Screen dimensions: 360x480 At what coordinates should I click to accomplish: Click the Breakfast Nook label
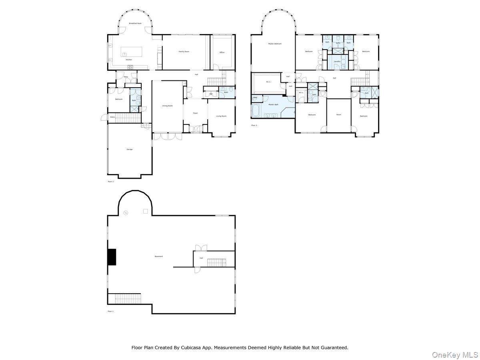click(x=135, y=24)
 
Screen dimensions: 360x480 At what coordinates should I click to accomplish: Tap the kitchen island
click(x=132, y=52)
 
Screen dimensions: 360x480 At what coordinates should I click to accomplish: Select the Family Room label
click(x=184, y=52)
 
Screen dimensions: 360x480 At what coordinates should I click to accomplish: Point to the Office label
click(x=222, y=52)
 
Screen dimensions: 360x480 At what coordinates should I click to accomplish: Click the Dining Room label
click(x=167, y=106)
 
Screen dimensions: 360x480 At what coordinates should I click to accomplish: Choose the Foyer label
click(x=195, y=113)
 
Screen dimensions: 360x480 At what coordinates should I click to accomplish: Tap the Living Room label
click(x=221, y=116)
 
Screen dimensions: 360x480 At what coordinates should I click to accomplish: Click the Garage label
click(x=130, y=149)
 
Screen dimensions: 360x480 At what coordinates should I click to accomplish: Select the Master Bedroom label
click(x=275, y=44)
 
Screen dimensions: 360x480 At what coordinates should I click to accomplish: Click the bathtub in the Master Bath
click(x=255, y=111)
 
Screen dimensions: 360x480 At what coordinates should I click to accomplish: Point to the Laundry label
click(x=337, y=61)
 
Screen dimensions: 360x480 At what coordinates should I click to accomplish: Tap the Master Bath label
click(x=274, y=104)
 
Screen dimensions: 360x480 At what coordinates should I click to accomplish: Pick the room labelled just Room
click(x=338, y=115)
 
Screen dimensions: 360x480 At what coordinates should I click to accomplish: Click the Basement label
click(x=159, y=256)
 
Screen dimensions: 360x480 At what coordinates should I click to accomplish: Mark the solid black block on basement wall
click(x=112, y=257)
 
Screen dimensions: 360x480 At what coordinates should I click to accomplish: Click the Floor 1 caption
click(x=111, y=311)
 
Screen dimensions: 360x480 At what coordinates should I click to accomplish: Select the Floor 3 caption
click(x=254, y=126)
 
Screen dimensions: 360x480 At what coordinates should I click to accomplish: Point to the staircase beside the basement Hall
click(x=216, y=262)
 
